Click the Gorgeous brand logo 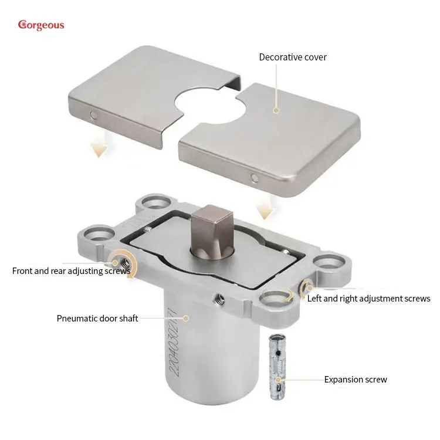(x=40, y=25)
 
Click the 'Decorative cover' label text (x=293, y=57)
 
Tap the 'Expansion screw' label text (x=356, y=380)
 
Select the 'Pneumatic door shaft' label (x=97, y=318)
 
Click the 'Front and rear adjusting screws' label (x=71, y=271)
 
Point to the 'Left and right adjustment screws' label (x=368, y=299)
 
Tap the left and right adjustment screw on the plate (x=306, y=286)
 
